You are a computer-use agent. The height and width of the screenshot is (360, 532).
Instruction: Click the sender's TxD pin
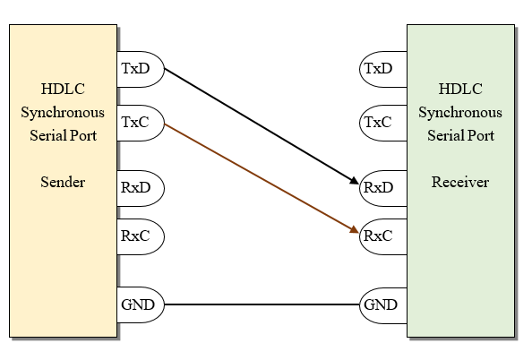(140, 68)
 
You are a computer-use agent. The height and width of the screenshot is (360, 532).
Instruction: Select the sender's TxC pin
(140, 121)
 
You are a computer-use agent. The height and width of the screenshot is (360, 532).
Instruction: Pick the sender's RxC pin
(140, 236)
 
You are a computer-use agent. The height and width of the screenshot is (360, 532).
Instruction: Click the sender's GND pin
(140, 304)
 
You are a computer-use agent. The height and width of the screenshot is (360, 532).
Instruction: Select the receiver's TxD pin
(381, 68)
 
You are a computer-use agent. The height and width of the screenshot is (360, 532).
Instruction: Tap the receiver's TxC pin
(381, 121)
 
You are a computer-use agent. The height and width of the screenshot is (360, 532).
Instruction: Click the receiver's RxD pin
(381, 187)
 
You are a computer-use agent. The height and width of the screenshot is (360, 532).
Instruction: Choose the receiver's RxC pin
(381, 237)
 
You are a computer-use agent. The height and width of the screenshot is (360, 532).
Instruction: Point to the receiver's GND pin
(381, 304)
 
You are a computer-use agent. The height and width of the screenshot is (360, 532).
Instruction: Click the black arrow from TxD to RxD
(260, 126)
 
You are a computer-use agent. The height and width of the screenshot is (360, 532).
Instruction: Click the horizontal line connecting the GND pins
(260, 304)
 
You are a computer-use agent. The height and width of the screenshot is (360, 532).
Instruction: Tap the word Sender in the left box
(63, 183)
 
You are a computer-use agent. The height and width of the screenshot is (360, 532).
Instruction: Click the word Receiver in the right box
(460, 183)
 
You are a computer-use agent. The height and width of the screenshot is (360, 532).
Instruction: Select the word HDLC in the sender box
(63, 89)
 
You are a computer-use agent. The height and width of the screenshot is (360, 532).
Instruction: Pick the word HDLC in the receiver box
(460, 89)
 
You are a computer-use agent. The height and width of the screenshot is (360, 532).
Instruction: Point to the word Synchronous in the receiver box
(460, 113)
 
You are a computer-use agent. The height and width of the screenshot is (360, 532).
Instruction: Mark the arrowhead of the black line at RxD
(353, 184)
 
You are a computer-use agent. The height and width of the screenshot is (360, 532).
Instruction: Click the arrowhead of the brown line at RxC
(353, 232)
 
